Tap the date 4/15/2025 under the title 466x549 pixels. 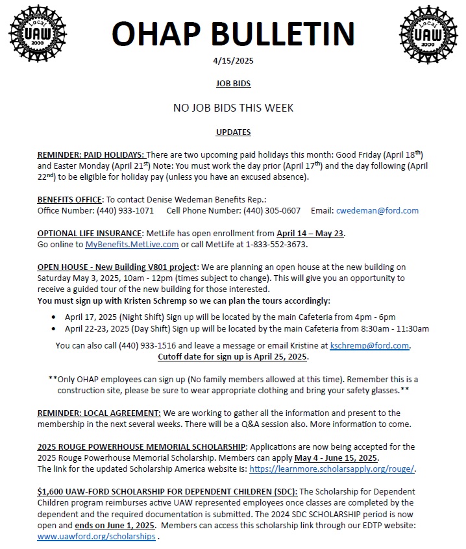(233, 61)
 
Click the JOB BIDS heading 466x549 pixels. (233, 84)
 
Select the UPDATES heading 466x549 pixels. (233, 132)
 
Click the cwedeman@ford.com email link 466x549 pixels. (377, 210)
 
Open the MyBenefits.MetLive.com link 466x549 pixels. (132, 245)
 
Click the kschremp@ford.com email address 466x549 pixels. (370, 345)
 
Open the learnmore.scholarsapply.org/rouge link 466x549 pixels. (332, 469)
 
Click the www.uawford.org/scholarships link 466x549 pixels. (96, 537)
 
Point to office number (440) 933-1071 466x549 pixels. (125, 210)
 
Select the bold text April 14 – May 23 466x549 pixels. (310, 234)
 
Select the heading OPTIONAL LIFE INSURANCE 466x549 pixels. (89, 234)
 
